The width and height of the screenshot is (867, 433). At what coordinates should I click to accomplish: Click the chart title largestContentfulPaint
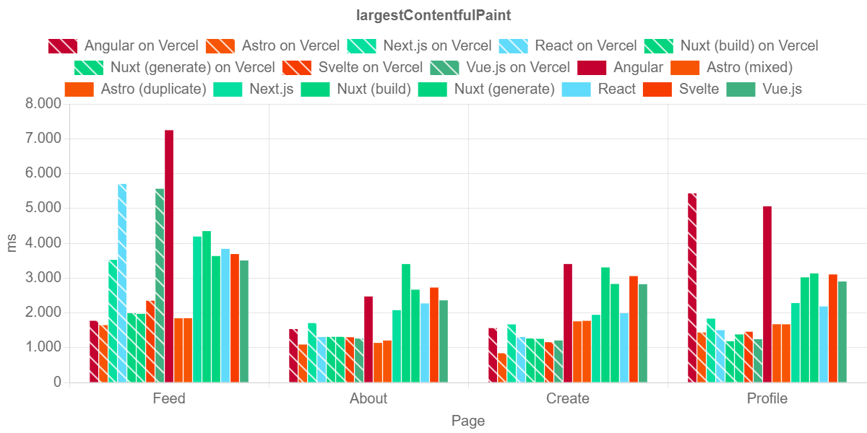[433, 15]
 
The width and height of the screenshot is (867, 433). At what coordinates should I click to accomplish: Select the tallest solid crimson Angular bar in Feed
[169, 255]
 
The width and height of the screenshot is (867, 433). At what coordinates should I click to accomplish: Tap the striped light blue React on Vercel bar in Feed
[122, 282]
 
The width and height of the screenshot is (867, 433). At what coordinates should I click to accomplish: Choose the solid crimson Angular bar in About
[368, 338]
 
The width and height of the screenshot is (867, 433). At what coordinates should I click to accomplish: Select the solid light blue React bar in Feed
[225, 315]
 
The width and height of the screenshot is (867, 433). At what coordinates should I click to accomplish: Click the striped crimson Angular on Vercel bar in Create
[493, 354]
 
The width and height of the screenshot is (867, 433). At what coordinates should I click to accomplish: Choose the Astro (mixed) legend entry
[732, 67]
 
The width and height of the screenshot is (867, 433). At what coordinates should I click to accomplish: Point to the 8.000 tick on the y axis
[44, 103]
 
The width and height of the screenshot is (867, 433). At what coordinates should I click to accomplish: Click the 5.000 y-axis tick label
[44, 208]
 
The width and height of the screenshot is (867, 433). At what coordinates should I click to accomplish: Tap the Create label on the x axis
[568, 398]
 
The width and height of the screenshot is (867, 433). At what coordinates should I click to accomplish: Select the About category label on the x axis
[368, 398]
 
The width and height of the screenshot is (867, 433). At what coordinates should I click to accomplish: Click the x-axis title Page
[468, 421]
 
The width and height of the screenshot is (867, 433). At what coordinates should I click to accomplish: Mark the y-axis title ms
[12, 242]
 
